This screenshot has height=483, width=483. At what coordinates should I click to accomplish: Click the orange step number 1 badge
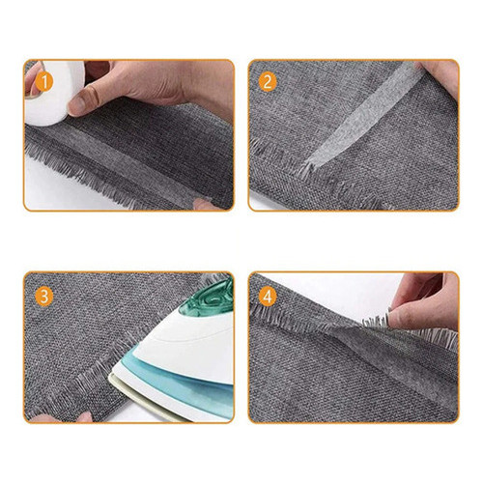[44, 82]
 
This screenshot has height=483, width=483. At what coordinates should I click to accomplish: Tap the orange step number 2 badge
[268, 82]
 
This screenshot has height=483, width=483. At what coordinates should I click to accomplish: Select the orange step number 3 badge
[44, 297]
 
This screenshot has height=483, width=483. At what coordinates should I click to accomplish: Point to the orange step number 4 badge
[268, 297]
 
